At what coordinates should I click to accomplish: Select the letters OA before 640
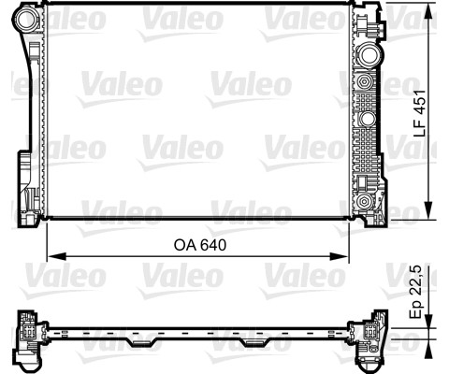click(x=185, y=245)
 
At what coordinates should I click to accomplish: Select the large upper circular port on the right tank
click(x=370, y=54)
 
